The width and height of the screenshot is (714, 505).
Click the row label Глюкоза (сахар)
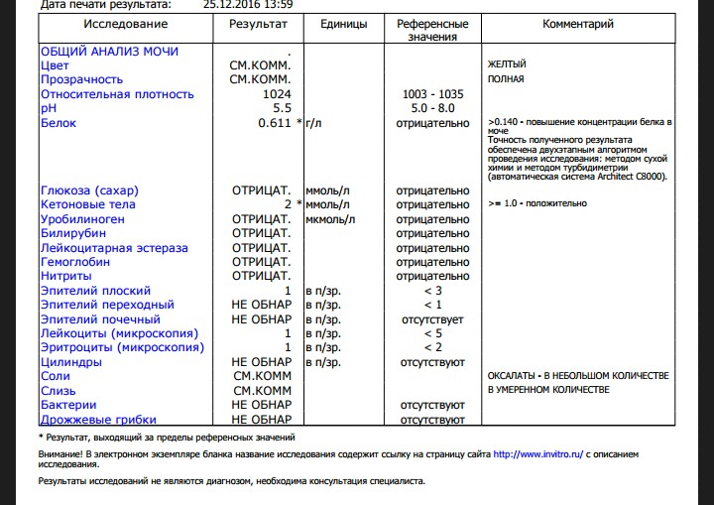tap(90, 189)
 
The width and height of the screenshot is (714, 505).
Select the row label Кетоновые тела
tap(88, 204)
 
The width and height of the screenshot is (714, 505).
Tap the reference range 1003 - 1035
tap(432, 94)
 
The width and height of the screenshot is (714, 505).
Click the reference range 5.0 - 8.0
tap(432, 108)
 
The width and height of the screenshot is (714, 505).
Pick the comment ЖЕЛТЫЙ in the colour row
tap(507, 64)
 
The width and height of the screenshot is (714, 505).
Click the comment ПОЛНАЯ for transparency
tap(506, 79)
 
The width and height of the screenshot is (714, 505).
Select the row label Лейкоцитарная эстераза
tap(114, 247)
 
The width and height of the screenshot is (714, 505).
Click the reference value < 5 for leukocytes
tap(432, 333)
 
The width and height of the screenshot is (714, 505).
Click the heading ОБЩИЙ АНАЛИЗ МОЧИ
tap(109, 51)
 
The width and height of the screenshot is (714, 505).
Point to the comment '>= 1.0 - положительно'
tap(537, 204)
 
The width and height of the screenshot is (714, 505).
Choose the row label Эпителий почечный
tap(100, 319)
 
